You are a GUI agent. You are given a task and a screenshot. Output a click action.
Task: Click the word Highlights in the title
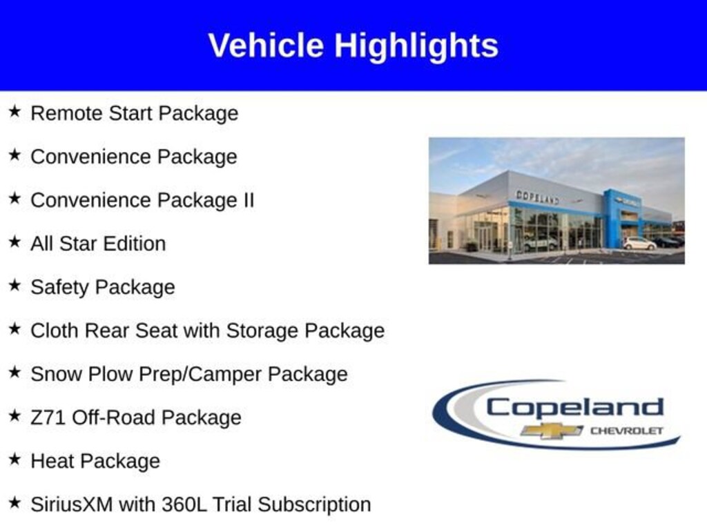point(416,46)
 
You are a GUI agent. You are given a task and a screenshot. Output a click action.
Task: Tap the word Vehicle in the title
point(266,45)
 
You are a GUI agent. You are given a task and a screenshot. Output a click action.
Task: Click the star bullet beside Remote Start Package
point(15,111)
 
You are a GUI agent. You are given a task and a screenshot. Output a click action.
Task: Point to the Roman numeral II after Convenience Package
point(249,199)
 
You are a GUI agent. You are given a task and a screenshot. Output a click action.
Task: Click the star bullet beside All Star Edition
point(15,242)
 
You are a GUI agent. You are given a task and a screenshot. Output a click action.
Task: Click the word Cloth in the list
point(54,331)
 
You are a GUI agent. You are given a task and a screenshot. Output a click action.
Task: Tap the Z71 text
point(48,418)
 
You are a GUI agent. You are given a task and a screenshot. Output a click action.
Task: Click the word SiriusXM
point(72,504)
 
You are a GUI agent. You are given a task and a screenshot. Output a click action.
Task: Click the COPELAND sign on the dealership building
point(537,197)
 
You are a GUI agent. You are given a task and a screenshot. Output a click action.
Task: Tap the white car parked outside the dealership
point(639,244)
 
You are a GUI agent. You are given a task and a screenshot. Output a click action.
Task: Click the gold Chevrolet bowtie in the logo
point(552,431)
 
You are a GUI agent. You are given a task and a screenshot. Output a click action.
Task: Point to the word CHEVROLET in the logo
point(627,431)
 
